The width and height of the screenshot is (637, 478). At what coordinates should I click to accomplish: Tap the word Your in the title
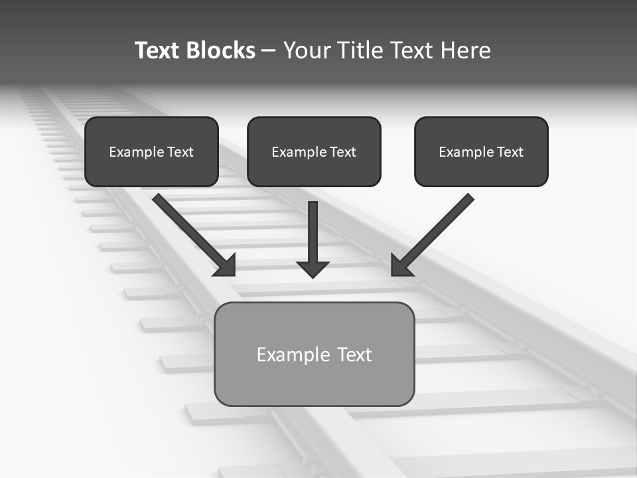[x=307, y=50]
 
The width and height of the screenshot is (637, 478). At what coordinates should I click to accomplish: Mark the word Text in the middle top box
[x=343, y=152]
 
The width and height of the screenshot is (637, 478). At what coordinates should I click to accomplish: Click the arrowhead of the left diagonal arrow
[x=226, y=266]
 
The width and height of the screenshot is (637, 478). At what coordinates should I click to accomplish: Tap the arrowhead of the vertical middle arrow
[x=313, y=269]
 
